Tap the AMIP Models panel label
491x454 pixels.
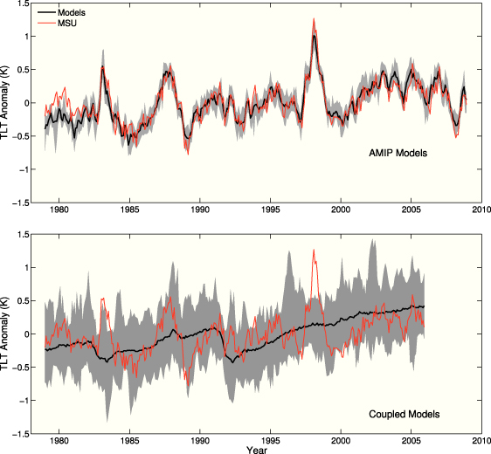pyautogui.click(x=401, y=154)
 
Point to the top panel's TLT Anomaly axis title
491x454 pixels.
pyautogui.click(x=10, y=102)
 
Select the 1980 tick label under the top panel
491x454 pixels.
pyautogui.click(x=59, y=210)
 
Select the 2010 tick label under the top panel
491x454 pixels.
pyautogui.click(x=481, y=210)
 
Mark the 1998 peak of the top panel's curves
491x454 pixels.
pyautogui.click(x=313, y=35)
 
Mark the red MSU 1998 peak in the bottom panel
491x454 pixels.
pyautogui.click(x=313, y=251)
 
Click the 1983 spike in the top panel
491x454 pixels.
pyautogui.click(x=102, y=66)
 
